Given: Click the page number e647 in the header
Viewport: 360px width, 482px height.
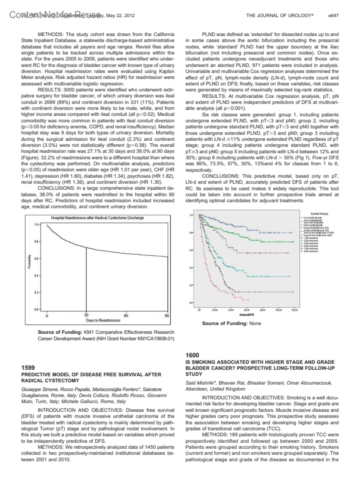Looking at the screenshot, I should click(x=333, y=15).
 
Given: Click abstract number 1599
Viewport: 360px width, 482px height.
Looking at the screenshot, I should click(x=28, y=368).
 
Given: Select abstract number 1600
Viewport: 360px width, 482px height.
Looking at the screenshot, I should click(x=192, y=355).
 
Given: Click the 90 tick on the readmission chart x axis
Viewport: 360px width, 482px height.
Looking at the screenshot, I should click(x=167, y=316).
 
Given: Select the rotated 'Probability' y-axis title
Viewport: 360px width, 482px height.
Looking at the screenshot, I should click(x=29, y=262).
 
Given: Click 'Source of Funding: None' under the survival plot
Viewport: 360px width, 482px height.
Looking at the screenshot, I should click(x=231, y=324).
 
